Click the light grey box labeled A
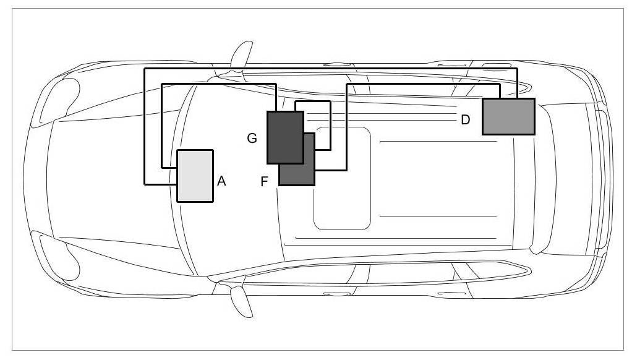[195, 176]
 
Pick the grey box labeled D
[508, 116]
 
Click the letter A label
[222, 181]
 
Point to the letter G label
[252, 139]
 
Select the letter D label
[466, 119]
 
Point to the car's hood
[105, 179]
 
